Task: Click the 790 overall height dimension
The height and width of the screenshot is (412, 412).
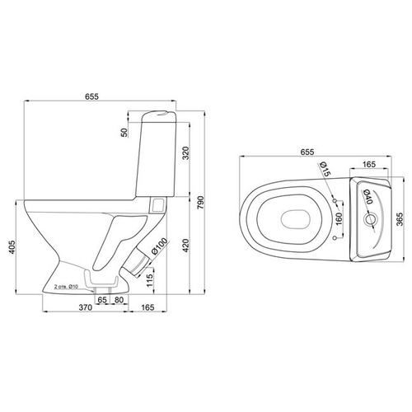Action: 200,203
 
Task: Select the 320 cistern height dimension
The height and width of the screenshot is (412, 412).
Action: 186,153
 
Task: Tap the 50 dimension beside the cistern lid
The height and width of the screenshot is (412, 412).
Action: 124,133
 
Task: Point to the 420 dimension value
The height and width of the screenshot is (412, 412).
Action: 186,246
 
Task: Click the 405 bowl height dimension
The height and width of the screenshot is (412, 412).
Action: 12,247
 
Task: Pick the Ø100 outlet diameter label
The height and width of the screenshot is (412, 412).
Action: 159,246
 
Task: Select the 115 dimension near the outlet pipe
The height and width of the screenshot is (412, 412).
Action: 150,280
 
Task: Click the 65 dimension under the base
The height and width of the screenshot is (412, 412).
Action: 102,300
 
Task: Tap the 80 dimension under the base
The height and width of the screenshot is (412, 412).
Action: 119,300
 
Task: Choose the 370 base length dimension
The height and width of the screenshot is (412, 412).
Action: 86,307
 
